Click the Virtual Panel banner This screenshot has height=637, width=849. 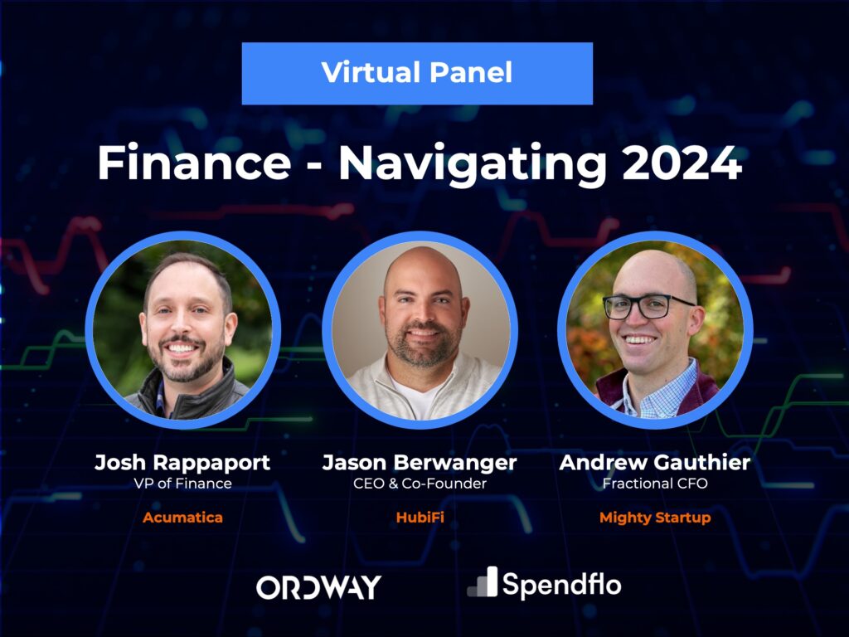(417, 73)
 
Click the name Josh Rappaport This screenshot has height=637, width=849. (182, 463)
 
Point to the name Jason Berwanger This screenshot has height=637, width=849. (420, 463)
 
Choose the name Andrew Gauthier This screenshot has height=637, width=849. (655, 463)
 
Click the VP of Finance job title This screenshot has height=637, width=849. (182, 484)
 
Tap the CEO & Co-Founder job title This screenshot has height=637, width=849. (420, 484)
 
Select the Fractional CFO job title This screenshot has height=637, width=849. (655, 484)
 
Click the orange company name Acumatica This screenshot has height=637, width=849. (182, 518)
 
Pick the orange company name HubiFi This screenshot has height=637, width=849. (420, 518)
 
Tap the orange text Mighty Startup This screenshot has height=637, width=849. (655, 518)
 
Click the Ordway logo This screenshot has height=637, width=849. (318, 587)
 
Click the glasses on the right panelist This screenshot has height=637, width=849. (647, 306)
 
